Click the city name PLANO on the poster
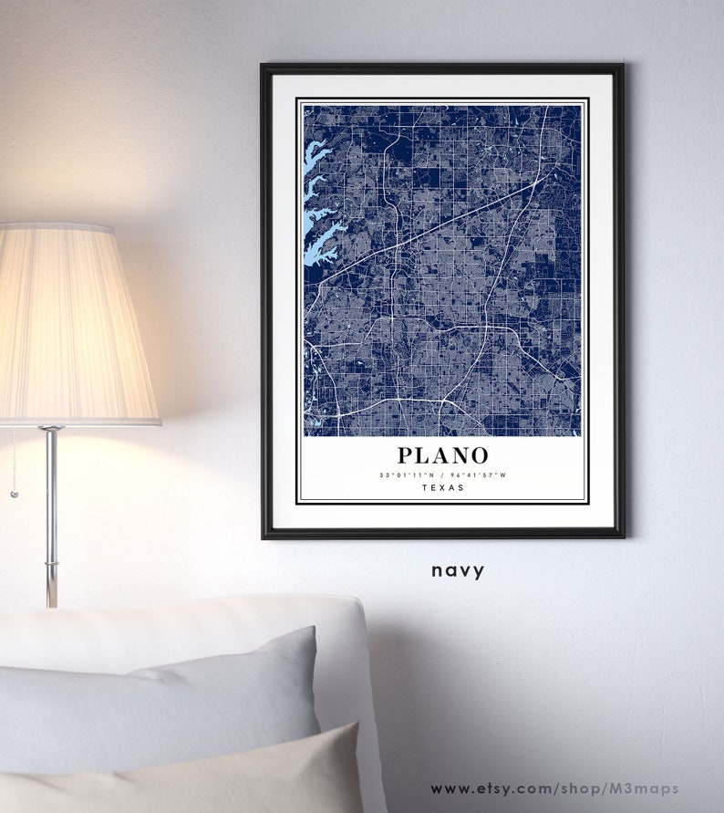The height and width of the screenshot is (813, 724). (442, 454)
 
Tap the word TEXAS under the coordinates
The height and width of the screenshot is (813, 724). (443, 488)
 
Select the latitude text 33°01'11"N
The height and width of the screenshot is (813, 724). (406, 475)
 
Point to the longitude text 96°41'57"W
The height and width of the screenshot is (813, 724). (480, 475)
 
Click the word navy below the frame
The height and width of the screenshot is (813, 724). (458, 571)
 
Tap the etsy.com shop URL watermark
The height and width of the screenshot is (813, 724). (554, 789)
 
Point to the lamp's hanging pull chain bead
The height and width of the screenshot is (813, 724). (13, 494)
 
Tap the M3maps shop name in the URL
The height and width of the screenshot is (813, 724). (650, 789)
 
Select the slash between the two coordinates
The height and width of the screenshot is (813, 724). (443, 475)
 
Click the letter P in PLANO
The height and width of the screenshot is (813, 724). (404, 454)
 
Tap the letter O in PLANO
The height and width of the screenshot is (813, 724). (480, 454)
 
